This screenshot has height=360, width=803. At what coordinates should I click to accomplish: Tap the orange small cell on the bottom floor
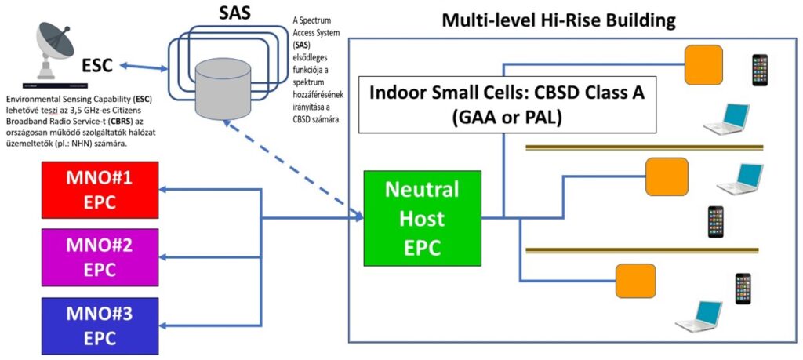point(634,279)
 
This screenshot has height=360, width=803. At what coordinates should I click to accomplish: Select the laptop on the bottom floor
point(699,315)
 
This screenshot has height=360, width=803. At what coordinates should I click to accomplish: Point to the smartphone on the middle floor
point(714,221)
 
